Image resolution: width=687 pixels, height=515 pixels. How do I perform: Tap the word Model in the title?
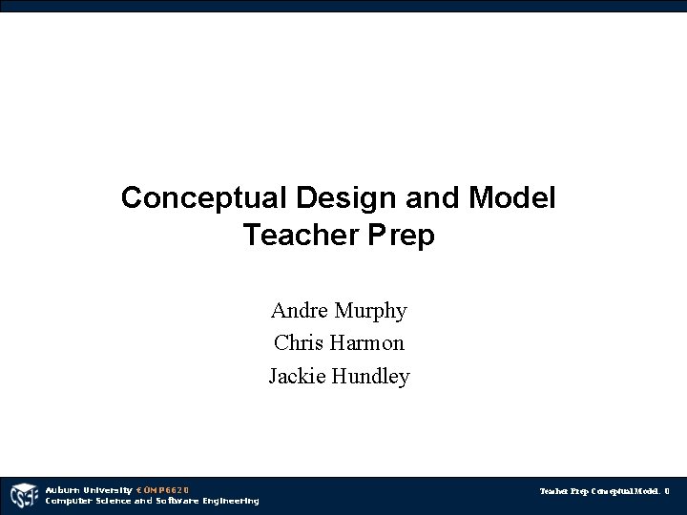(x=512, y=198)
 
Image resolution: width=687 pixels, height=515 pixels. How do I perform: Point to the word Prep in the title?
(x=400, y=236)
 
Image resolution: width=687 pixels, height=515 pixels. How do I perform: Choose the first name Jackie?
(x=297, y=376)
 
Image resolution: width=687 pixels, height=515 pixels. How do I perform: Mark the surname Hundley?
(x=370, y=377)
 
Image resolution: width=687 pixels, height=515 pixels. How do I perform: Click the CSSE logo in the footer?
(x=22, y=496)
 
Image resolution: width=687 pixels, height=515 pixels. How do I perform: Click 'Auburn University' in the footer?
(x=90, y=490)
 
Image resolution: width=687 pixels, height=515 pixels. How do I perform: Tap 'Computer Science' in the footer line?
(x=89, y=501)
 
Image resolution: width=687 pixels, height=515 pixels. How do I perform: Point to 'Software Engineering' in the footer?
(x=207, y=501)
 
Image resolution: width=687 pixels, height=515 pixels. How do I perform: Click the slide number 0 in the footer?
(x=667, y=492)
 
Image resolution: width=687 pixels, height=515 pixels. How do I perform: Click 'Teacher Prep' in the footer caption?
(x=564, y=492)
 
